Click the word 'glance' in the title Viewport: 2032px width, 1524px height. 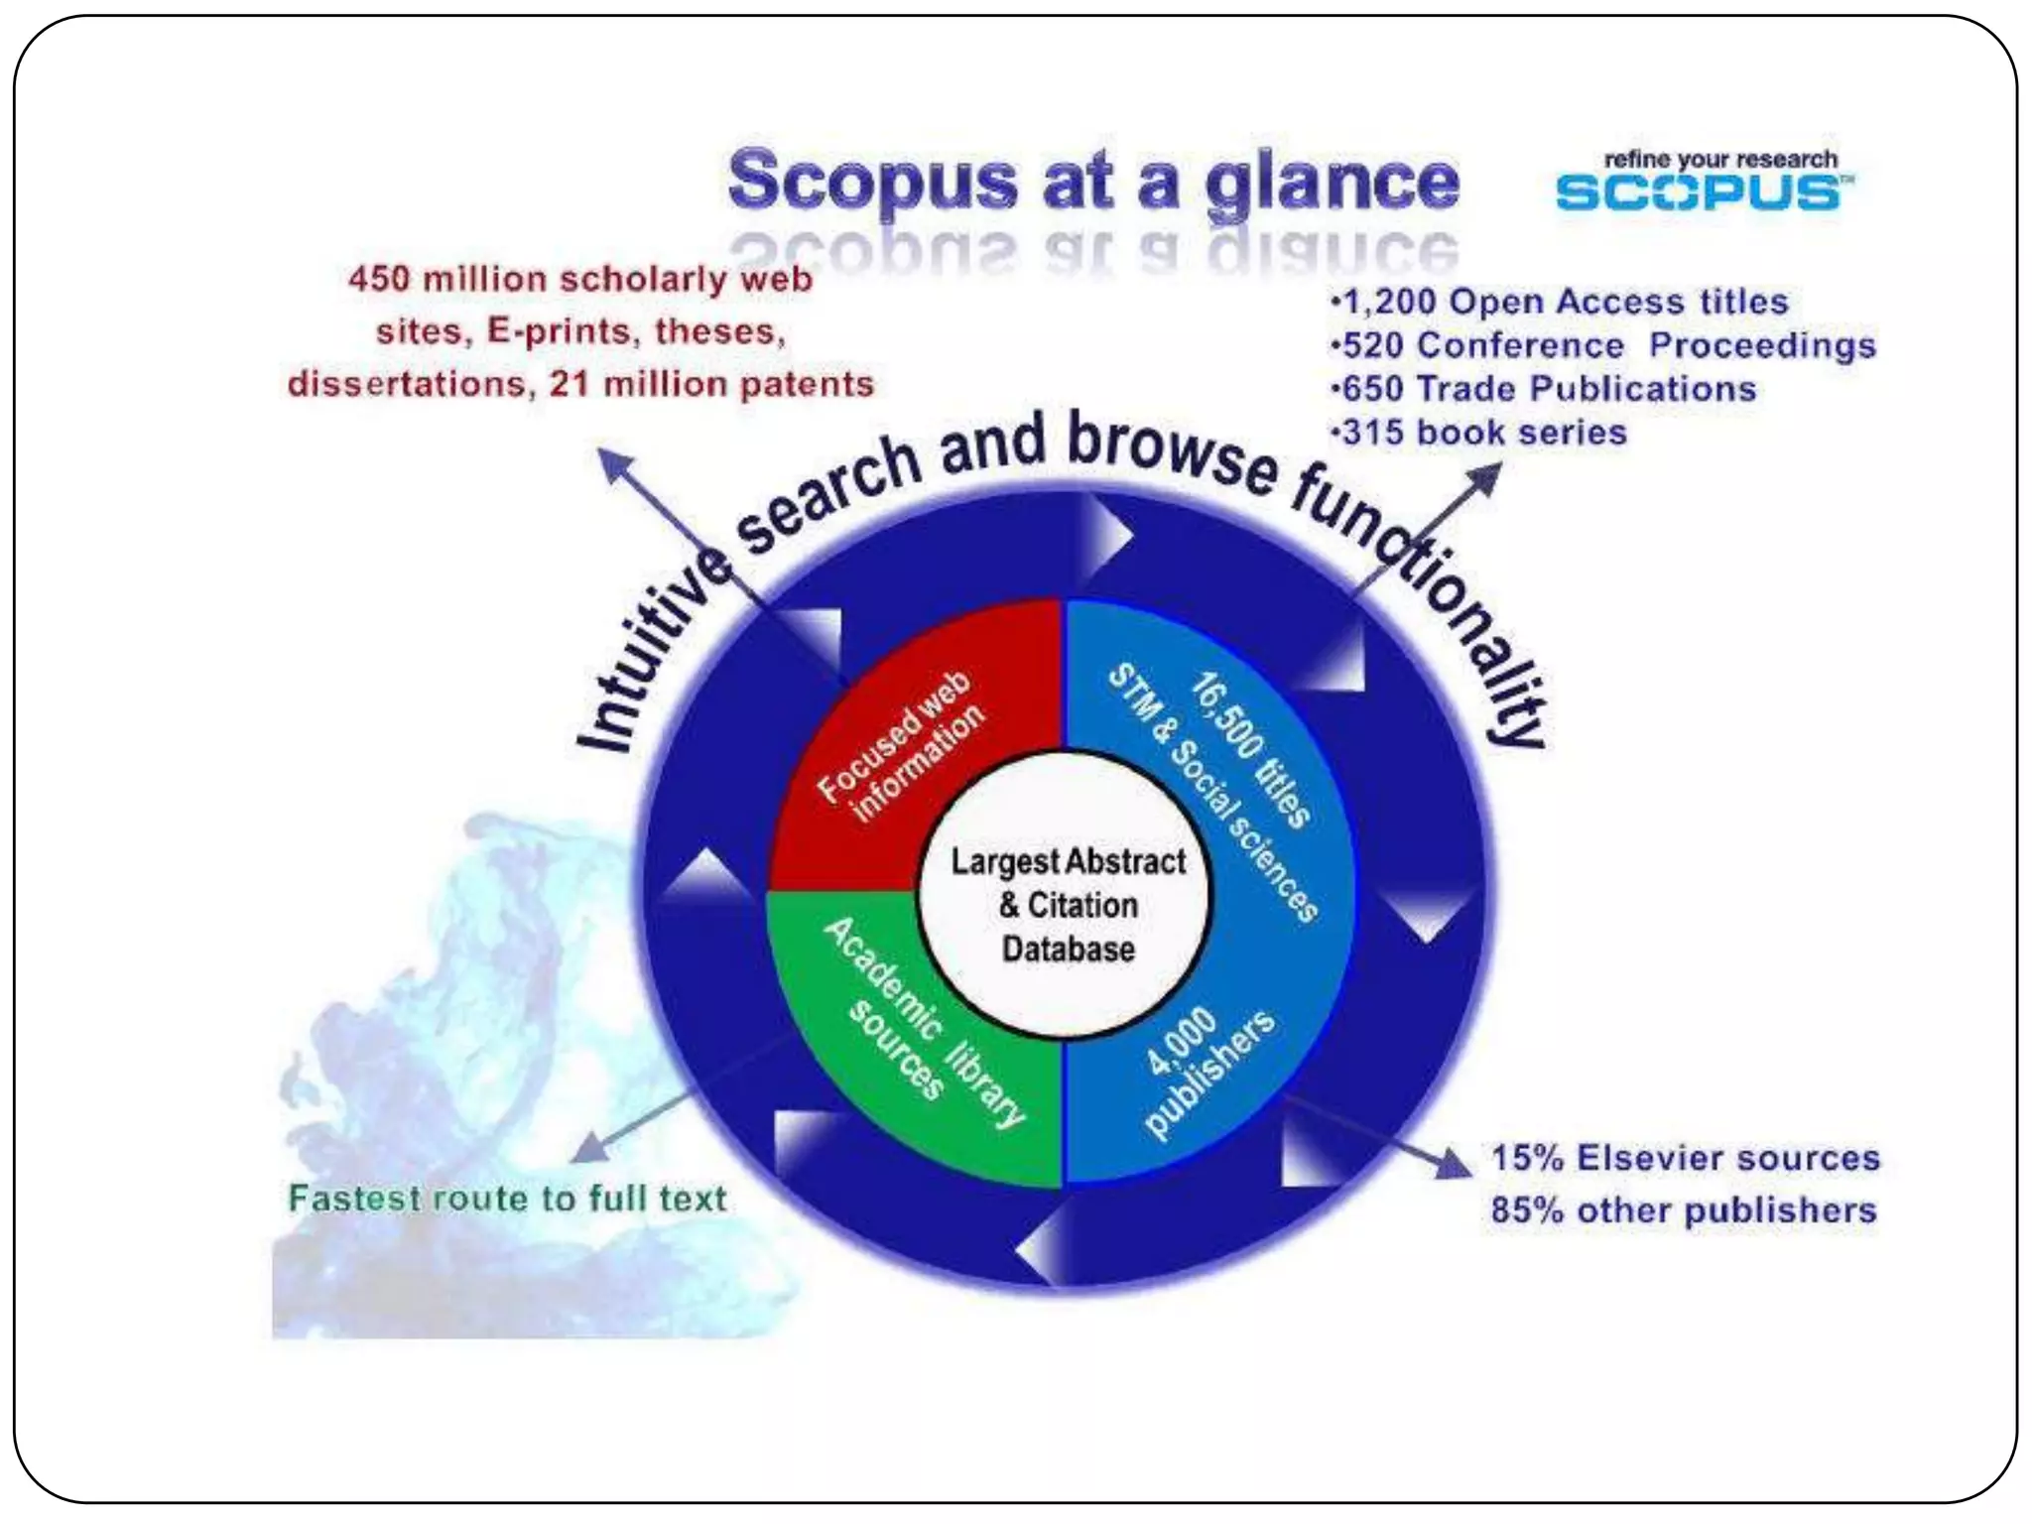[x=1332, y=184]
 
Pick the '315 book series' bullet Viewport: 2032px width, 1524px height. [x=1482, y=433]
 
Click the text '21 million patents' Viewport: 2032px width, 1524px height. [x=710, y=384]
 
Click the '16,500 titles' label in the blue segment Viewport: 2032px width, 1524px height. [x=1250, y=749]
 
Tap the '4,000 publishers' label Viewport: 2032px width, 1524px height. [x=1206, y=1072]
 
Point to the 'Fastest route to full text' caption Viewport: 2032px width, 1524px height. [x=507, y=1199]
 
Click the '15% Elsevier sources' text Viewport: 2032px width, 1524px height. [x=1685, y=1158]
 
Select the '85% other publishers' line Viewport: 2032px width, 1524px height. [x=1683, y=1210]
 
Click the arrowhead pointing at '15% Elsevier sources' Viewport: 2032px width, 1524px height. [x=1454, y=1164]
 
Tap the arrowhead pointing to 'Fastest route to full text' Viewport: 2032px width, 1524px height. [x=589, y=1150]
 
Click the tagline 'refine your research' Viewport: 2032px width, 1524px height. [x=1719, y=159]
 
